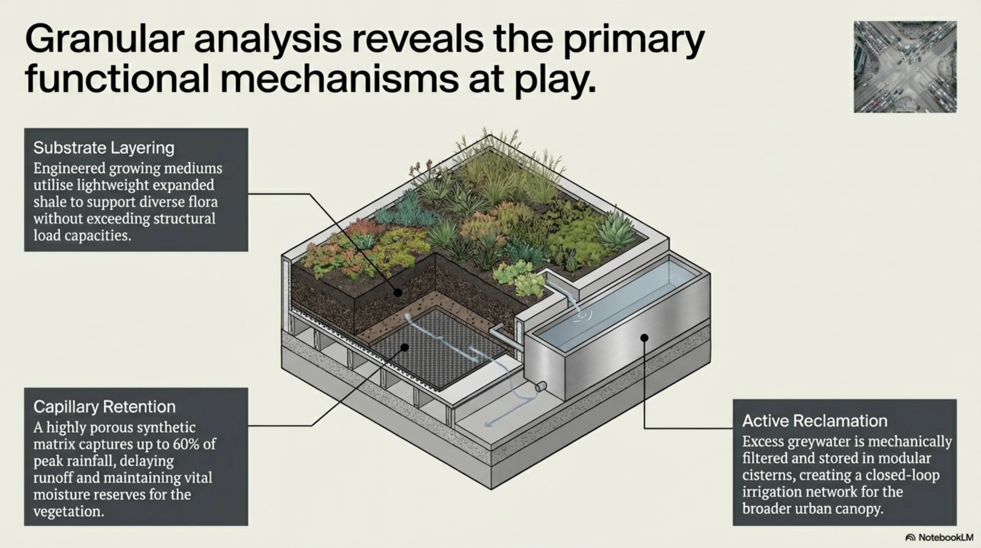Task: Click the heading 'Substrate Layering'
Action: (104, 148)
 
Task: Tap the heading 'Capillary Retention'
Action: (104, 407)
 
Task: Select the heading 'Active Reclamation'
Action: (815, 421)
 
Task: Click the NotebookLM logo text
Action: (946, 537)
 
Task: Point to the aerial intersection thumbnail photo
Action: (905, 67)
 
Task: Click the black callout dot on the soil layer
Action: (397, 293)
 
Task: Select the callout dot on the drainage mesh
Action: (405, 347)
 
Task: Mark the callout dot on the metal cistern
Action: (644, 338)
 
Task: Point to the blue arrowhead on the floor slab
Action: (489, 424)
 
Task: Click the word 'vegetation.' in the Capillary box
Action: (68, 511)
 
